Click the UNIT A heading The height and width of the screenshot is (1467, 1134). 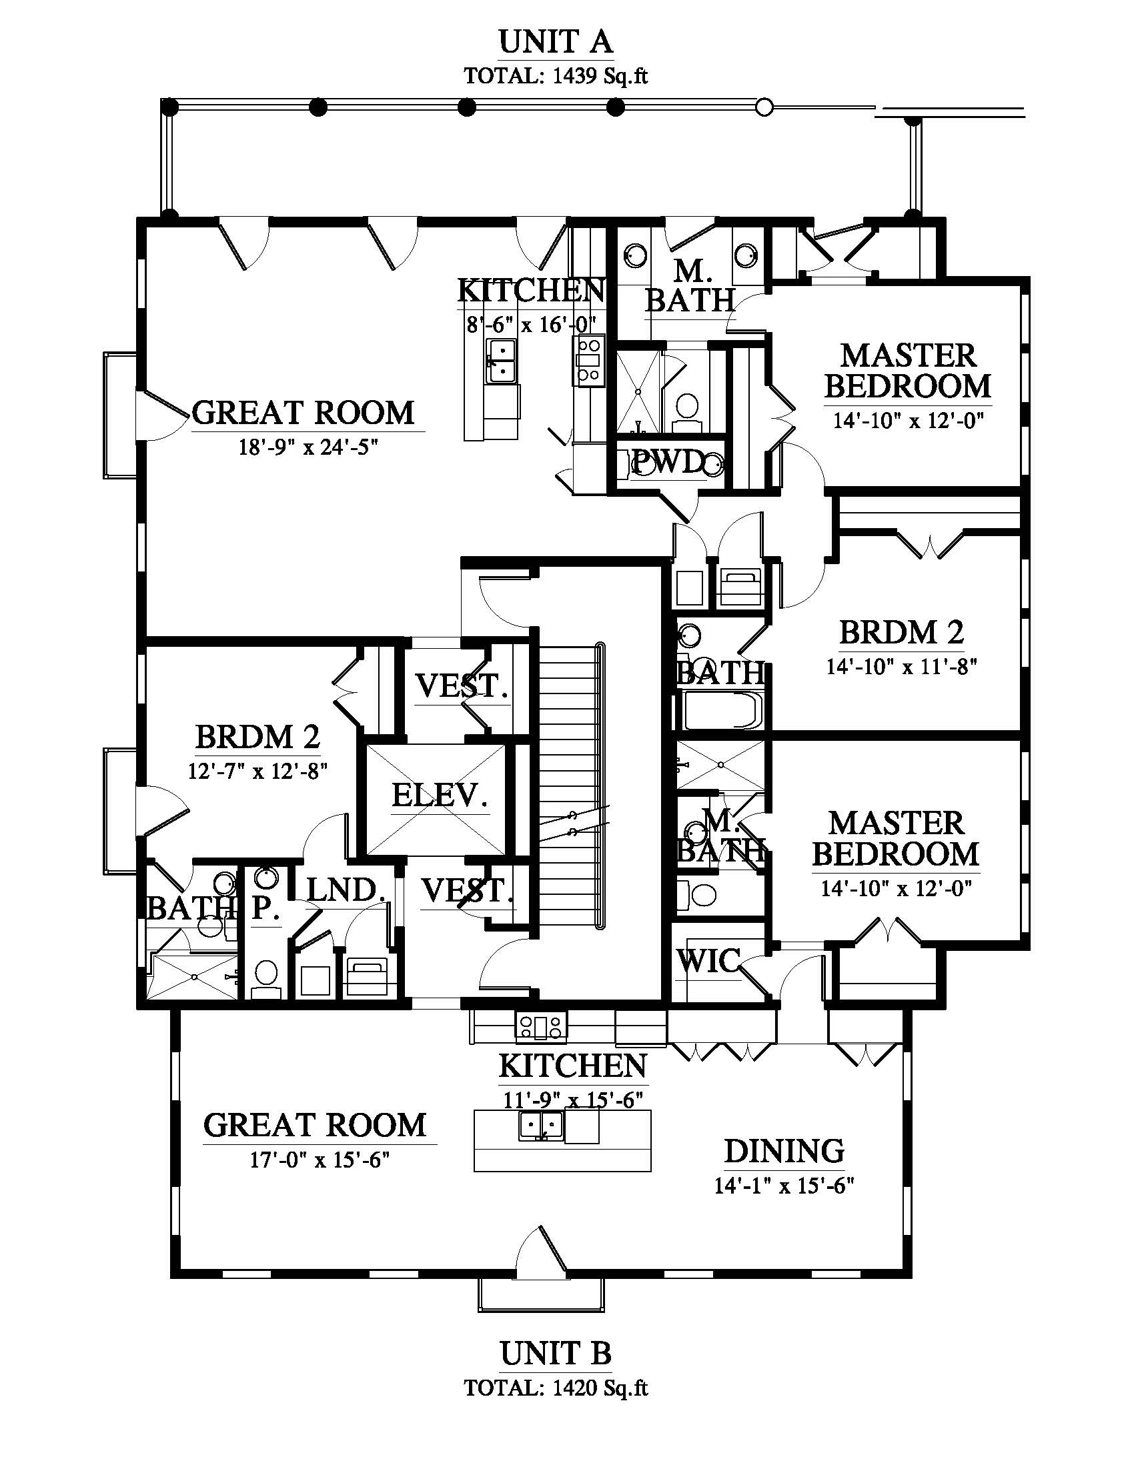tap(556, 42)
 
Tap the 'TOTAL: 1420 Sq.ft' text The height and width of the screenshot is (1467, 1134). tap(556, 1387)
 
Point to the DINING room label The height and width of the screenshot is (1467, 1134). tap(784, 1151)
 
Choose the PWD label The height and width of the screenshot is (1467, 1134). tap(668, 462)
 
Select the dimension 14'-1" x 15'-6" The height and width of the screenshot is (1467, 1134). tap(784, 1186)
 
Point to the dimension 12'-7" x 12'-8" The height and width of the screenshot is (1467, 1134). tap(257, 770)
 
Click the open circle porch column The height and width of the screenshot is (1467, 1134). tap(764, 107)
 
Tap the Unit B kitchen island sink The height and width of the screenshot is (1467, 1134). tap(541, 1125)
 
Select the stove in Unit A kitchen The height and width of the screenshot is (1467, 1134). tap(588, 361)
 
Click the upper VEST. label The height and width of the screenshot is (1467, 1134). tap(462, 685)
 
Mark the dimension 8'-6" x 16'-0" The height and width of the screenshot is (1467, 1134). tap(532, 325)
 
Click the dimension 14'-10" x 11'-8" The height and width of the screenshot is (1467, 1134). tap(901, 666)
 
